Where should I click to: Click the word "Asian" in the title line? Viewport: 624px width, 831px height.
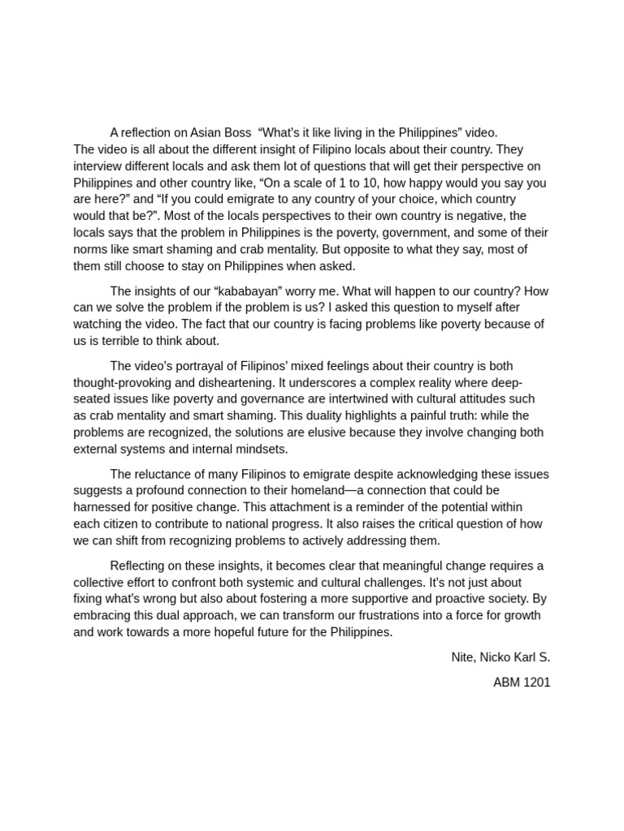pyautogui.click(x=206, y=132)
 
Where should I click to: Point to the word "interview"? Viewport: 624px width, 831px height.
pyautogui.click(x=97, y=166)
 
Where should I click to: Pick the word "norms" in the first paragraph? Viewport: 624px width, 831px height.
pyautogui.click(x=90, y=249)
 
